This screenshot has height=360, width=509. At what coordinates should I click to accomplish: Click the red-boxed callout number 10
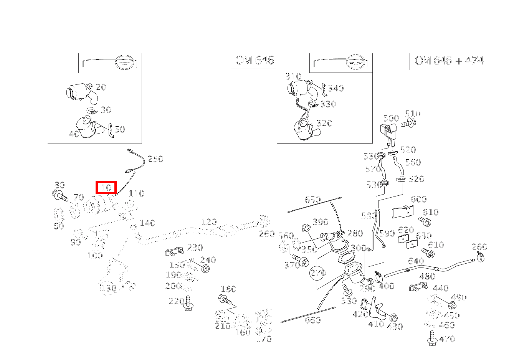click(x=106, y=188)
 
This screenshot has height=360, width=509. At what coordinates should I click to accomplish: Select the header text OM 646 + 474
click(x=449, y=61)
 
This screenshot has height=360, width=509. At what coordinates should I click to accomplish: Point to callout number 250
click(x=155, y=159)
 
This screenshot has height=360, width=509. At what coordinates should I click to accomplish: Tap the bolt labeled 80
click(x=60, y=196)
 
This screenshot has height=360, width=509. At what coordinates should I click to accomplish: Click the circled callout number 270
click(x=318, y=272)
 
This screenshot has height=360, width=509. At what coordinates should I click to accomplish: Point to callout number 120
click(x=209, y=222)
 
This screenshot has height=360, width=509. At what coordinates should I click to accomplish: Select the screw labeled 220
click(x=188, y=303)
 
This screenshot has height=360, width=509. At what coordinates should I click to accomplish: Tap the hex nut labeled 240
click(x=205, y=269)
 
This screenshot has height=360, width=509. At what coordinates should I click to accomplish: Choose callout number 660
click(x=313, y=320)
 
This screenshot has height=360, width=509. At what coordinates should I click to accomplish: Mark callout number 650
click(x=313, y=200)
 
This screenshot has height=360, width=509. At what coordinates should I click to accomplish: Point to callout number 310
click(x=293, y=76)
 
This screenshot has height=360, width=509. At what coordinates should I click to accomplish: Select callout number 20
click(x=101, y=87)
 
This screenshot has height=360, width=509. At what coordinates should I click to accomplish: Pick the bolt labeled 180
click(x=225, y=299)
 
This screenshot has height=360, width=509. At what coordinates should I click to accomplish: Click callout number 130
click(x=108, y=289)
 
